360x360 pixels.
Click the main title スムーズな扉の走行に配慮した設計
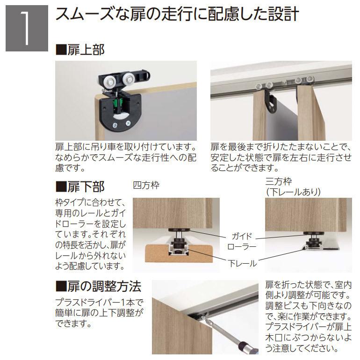177,14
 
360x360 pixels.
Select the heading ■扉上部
80,50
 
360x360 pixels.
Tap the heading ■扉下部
80,187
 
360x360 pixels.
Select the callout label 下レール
242,263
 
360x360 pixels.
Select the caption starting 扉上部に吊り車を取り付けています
126,157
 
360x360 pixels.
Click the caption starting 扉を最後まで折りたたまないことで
281,157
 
